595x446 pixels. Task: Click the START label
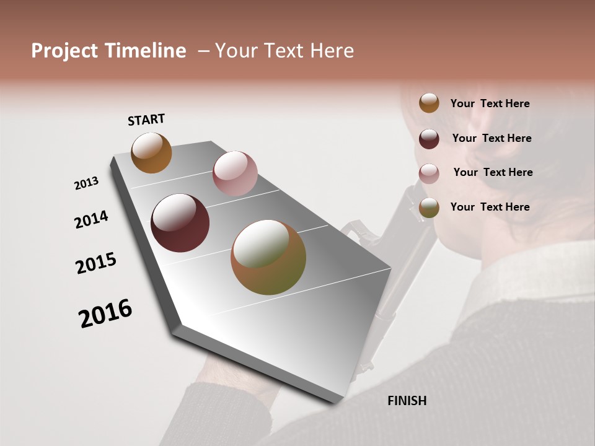146,120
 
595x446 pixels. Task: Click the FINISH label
407,401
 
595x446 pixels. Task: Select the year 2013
87,183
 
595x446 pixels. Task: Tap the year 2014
91,220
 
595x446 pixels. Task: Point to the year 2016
105,313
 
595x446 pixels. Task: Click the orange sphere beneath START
152,153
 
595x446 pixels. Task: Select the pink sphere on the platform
235,173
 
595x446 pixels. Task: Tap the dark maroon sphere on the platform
180,223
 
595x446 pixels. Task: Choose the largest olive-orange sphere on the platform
268,257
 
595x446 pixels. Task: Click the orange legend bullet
429,103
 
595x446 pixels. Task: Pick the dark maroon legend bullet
429,139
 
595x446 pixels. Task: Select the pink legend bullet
429,173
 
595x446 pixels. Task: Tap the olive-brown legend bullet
429,208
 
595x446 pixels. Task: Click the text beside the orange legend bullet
490,103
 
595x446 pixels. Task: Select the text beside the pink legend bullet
493,172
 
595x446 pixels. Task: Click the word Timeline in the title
146,51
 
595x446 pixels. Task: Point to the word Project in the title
65,51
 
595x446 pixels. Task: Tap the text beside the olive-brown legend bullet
490,207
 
